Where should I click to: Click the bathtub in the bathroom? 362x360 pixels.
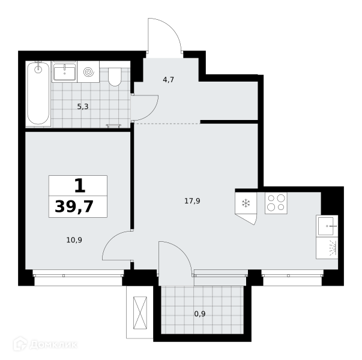pos(38,94)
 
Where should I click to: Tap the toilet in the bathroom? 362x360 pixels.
pos(115,77)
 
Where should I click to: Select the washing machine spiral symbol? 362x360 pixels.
pos(89,72)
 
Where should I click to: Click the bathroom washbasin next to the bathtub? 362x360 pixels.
pos(64,72)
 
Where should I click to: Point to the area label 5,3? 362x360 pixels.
pos(83,107)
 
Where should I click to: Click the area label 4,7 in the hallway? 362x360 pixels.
pos(168,80)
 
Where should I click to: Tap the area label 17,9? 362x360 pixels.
pos(192,201)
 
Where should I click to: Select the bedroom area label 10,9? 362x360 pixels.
pos(74,240)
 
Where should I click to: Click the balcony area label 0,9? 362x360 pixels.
pos(200,314)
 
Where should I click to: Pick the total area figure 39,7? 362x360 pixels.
pos(74,206)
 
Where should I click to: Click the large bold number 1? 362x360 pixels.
pos(80,186)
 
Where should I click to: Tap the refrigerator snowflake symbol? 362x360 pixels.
pos(246,203)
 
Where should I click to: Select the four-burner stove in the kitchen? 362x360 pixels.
pos(276,203)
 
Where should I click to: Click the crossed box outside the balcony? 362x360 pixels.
pos(140,313)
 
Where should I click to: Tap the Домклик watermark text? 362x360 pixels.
pos(53,345)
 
